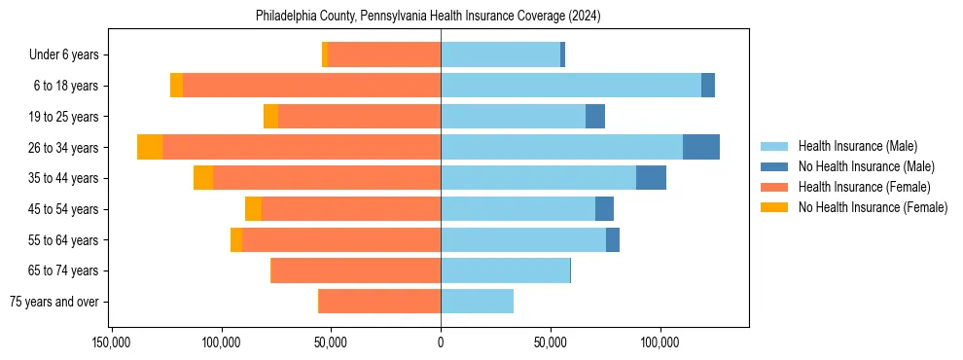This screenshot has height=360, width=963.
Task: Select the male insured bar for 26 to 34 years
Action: tap(561, 147)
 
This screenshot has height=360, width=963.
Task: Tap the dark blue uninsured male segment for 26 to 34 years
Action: tap(700, 147)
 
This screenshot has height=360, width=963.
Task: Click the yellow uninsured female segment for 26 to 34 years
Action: tap(150, 147)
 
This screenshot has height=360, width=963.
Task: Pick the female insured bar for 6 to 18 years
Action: tap(311, 86)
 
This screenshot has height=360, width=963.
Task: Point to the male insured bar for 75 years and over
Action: tap(477, 302)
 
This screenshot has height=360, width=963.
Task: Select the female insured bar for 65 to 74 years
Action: tap(356, 270)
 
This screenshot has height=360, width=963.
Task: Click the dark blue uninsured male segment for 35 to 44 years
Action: tap(651, 178)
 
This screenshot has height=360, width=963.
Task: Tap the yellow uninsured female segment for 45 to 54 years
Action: tap(253, 209)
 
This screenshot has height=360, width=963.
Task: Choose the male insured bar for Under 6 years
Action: tap(500, 54)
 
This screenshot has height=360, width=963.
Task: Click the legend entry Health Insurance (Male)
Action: tap(857, 146)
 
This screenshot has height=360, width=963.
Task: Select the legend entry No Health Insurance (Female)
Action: tap(873, 207)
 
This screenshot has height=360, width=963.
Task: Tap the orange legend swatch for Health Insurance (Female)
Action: tap(774, 187)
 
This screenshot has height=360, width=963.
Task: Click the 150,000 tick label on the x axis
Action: tap(113, 343)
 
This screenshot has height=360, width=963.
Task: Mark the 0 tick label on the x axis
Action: tap(441, 343)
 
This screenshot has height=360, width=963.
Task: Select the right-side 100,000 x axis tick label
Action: tap(660, 343)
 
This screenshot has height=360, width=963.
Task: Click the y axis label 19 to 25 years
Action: tap(64, 117)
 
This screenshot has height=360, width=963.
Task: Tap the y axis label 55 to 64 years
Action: tap(64, 240)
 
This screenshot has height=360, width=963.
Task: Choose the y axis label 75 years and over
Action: tap(54, 302)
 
